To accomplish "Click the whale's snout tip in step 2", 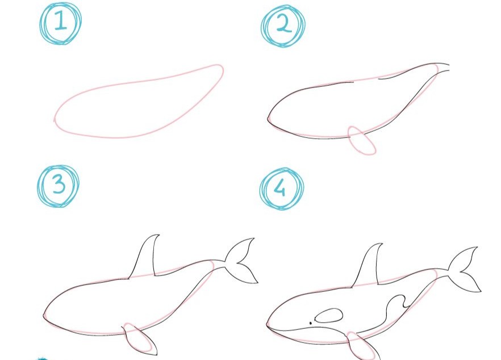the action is [x=268, y=119].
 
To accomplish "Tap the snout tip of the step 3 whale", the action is [x=43, y=316].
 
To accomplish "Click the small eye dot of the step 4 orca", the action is [x=310, y=323].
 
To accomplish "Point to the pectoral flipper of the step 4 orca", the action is [x=363, y=346].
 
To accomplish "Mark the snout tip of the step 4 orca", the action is [x=267, y=325].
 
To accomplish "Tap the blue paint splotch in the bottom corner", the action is [x=41, y=358].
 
